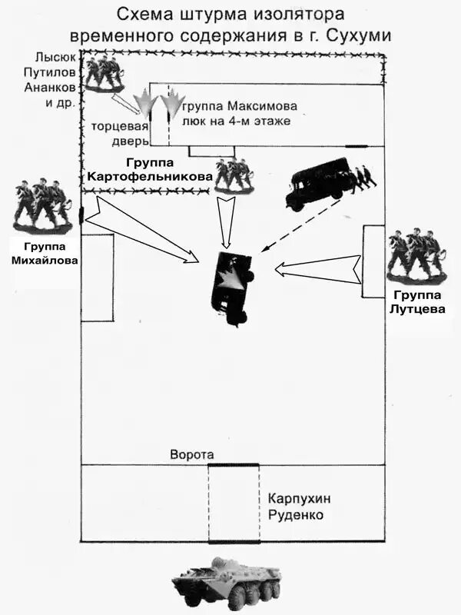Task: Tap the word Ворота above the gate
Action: click(x=191, y=455)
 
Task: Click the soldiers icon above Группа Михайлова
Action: click(x=42, y=204)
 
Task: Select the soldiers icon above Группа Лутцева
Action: click(x=416, y=254)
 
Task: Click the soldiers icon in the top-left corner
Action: click(x=104, y=73)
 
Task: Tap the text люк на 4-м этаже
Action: click(x=237, y=121)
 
